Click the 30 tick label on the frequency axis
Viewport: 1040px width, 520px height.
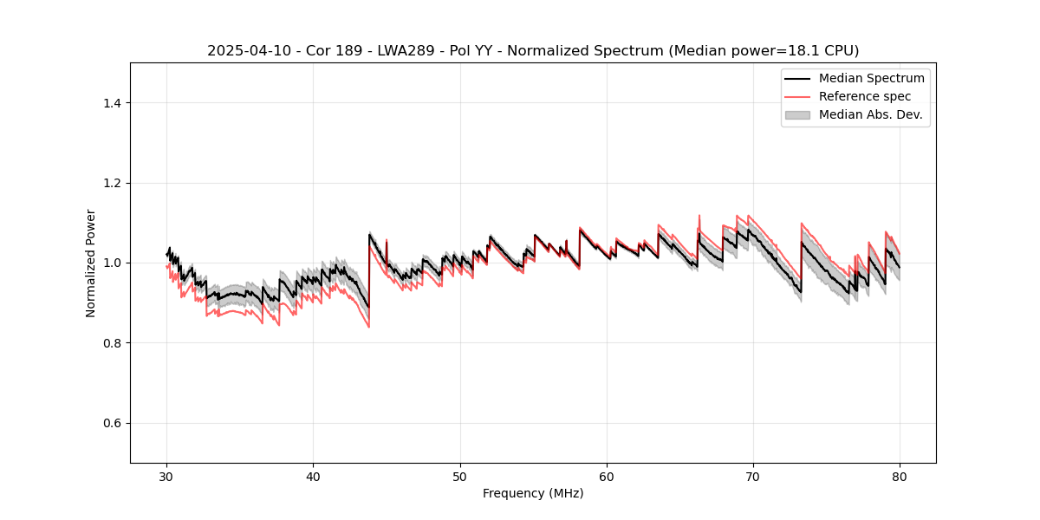[x=167, y=476]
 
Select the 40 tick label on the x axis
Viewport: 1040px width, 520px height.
[x=314, y=476]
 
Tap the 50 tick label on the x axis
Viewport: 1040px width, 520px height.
[x=460, y=476]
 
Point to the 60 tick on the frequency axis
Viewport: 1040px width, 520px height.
[x=607, y=476]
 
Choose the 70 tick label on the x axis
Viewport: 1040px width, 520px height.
[x=753, y=476]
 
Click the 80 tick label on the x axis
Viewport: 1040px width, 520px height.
[x=900, y=476]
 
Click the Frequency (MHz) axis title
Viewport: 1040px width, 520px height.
[x=533, y=493]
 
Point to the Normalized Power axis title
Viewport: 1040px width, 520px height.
[x=91, y=263]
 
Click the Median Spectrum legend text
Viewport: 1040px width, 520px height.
[x=872, y=78]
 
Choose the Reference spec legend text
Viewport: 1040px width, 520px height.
[x=865, y=96]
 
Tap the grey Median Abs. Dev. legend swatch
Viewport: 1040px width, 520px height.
[x=797, y=114]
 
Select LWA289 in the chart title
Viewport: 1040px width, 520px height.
[x=389, y=51]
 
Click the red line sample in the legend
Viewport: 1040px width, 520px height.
[x=797, y=96]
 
